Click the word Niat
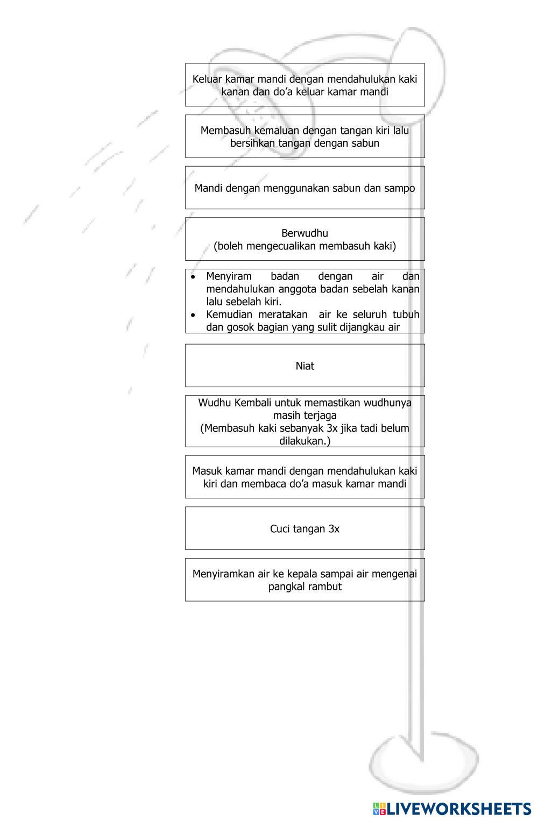coord(305,366)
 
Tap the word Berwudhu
coord(305,233)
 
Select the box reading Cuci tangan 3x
coord(305,528)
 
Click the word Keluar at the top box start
coord(207,79)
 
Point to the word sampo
coord(399,188)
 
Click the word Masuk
coord(207,471)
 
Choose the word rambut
coord(325,587)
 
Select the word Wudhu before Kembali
coord(215,403)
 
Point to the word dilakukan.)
coord(305,441)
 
